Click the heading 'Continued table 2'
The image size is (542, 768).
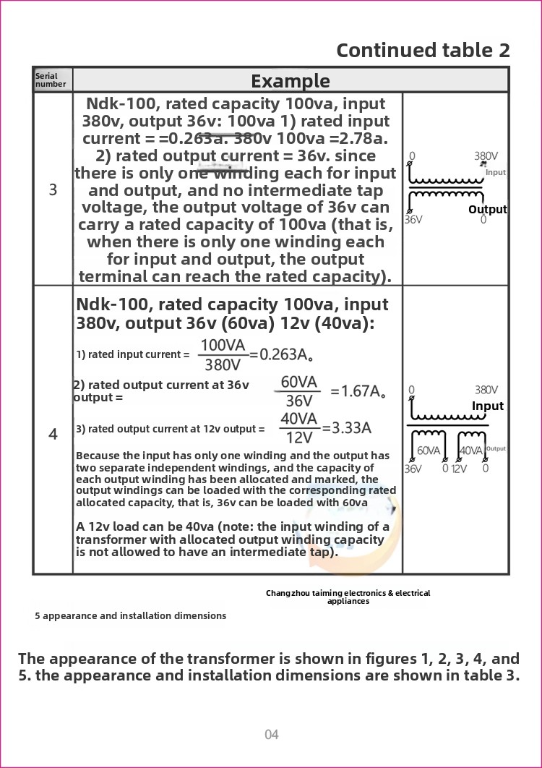coord(423,50)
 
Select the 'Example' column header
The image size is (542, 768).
coord(290,80)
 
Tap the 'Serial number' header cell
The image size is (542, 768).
coord(51,80)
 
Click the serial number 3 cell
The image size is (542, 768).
coord(53,190)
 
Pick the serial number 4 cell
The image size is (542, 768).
coord(53,434)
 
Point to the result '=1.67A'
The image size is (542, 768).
coord(358,391)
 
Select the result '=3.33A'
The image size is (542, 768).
coord(347,427)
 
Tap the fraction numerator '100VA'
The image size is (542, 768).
coord(223,345)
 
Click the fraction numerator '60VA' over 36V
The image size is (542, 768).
coord(298,382)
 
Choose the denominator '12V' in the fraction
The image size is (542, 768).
coord(298,438)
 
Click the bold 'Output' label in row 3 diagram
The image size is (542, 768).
coord(487,209)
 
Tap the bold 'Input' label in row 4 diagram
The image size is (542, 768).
coord(487,406)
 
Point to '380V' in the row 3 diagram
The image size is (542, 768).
coord(486,155)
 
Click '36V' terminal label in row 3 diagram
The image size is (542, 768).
coord(413,219)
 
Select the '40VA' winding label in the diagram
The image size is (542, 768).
coord(471,451)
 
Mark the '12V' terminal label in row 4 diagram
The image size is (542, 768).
coord(459,469)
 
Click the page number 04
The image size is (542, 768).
coord(271,735)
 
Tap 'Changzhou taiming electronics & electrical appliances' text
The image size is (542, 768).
coord(348,597)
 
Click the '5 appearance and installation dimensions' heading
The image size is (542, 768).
coord(130,615)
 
